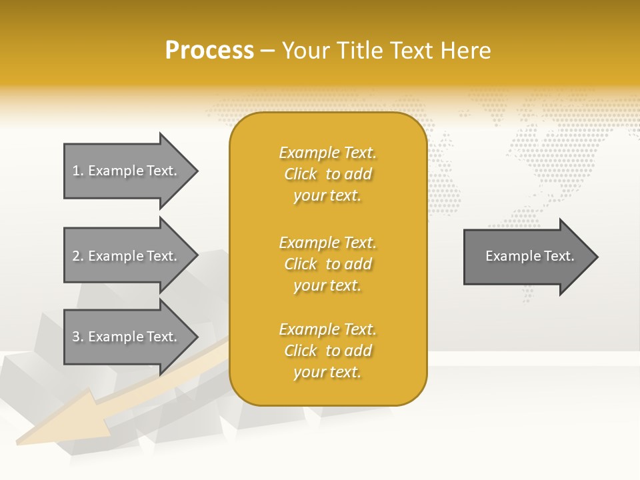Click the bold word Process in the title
tap(209, 51)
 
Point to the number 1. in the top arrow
tap(78, 171)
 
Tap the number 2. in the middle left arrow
tap(78, 256)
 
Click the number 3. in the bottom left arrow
tap(78, 337)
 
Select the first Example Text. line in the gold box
tap(327, 153)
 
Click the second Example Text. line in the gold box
tap(327, 243)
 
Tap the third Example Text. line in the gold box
tap(327, 329)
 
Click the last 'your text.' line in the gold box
tap(327, 372)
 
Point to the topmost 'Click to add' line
tap(327, 174)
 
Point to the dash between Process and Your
tap(268, 51)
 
